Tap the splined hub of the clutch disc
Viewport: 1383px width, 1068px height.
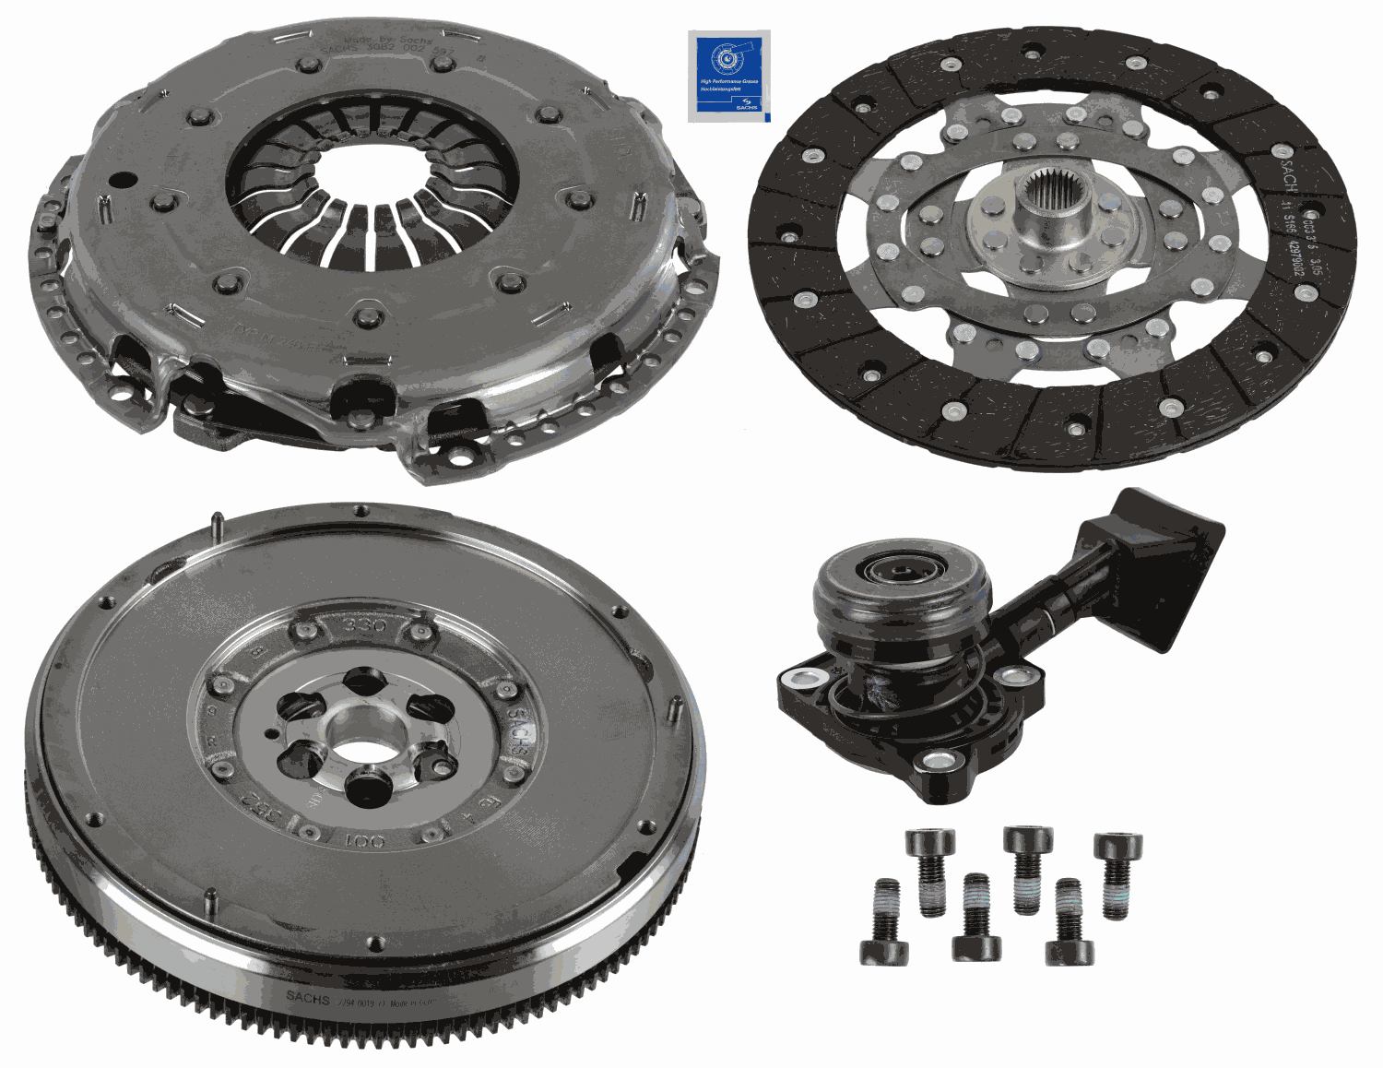[1054, 207]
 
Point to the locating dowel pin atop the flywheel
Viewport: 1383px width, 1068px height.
[214, 528]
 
